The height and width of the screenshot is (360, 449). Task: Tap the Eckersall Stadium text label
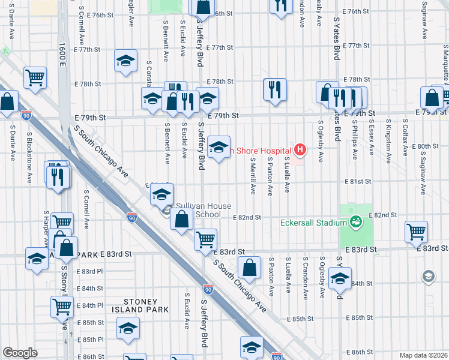[314, 222]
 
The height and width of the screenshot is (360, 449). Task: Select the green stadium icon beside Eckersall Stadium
[355, 222]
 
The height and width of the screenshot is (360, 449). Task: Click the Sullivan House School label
[198, 210]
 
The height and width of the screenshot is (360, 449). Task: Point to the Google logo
[20, 353]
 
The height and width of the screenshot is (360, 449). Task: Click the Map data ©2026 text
[423, 355]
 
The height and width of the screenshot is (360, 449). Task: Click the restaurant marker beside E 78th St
[274, 89]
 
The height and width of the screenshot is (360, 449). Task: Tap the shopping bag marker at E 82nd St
[181, 219]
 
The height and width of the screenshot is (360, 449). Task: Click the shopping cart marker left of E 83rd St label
[205, 239]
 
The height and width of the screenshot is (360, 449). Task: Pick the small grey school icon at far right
[429, 276]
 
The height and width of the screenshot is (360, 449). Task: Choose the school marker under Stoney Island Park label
[127, 328]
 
